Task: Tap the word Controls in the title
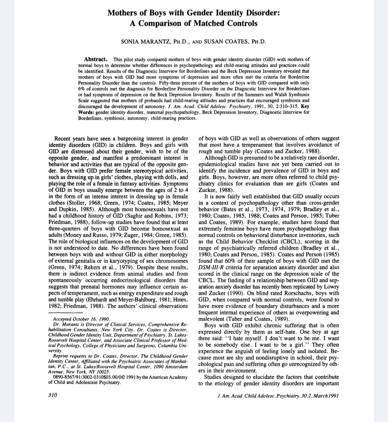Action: click(240, 23)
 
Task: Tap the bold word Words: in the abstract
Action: click(87, 112)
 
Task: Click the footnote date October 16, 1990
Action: click(91, 319)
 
